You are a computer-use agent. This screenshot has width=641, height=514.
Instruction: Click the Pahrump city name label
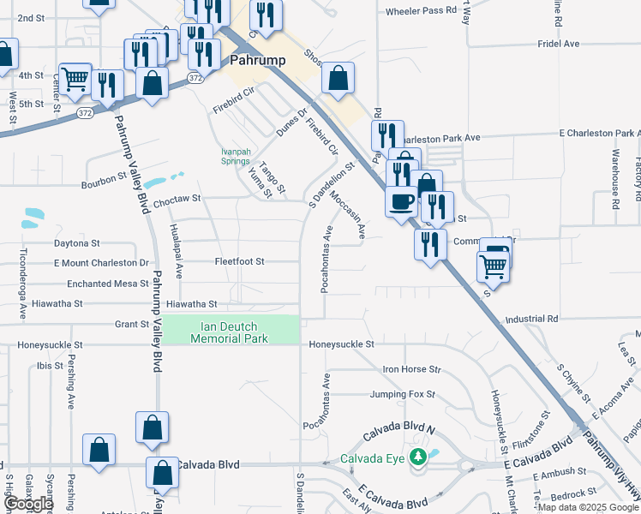(258, 61)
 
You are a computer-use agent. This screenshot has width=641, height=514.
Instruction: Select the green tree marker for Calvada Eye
(418, 457)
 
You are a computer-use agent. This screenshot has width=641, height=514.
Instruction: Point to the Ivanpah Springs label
(236, 156)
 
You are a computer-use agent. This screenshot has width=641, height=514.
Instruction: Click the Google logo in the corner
(27, 505)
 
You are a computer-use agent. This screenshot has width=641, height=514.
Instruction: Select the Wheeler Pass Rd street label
(422, 11)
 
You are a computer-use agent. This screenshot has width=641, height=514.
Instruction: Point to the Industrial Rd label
(531, 319)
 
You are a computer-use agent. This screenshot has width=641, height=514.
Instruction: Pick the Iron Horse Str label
(410, 369)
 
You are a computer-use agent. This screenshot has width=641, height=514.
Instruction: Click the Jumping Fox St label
(402, 395)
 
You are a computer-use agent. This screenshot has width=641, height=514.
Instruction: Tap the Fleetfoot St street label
(239, 260)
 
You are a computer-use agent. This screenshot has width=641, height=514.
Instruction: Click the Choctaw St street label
(177, 198)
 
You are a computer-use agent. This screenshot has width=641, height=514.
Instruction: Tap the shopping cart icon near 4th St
(75, 79)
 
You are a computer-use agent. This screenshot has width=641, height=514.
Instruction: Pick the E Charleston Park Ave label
(599, 134)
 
